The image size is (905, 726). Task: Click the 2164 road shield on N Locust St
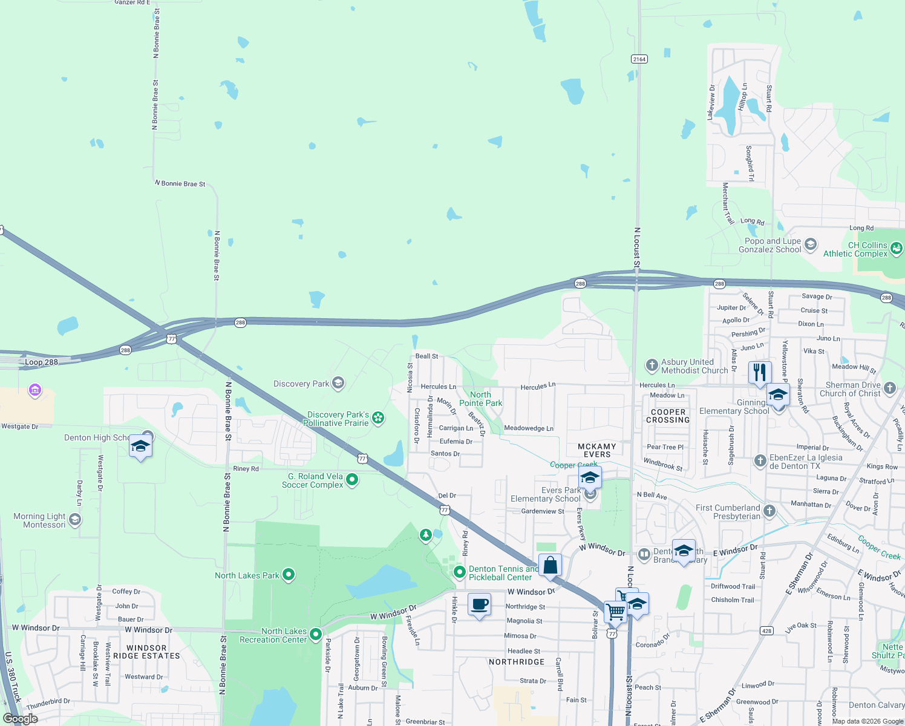pyautogui.click(x=639, y=59)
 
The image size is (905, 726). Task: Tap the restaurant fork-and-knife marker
pyautogui.click(x=760, y=372)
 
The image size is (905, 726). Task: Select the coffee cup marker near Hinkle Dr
pyautogui.click(x=479, y=604)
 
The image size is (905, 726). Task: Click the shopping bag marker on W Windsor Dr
pyautogui.click(x=550, y=565)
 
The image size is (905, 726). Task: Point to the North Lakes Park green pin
pyautogui.click(x=289, y=574)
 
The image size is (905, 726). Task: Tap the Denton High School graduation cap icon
pyautogui.click(x=140, y=446)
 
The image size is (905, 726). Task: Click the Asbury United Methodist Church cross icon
pyautogui.click(x=652, y=365)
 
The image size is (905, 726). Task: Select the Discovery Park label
pyautogui.click(x=301, y=384)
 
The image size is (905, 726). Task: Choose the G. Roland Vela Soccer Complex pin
pyautogui.click(x=352, y=480)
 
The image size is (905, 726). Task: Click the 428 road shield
pyautogui.click(x=766, y=630)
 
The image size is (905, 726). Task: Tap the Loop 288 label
pyautogui.click(x=41, y=362)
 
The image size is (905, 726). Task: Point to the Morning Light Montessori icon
pyautogui.click(x=74, y=520)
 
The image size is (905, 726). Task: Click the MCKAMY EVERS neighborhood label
pyautogui.click(x=597, y=450)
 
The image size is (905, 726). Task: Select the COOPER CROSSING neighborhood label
pyautogui.click(x=668, y=416)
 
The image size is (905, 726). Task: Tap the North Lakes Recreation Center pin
pyautogui.click(x=315, y=634)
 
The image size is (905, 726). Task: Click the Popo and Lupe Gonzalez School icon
pyautogui.click(x=811, y=244)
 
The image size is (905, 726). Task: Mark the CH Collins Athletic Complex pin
pyautogui.click(x=897, y=248)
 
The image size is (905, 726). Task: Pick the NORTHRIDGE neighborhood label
pyautogui.click(x=516, y=662)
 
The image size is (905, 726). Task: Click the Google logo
pyautogui.click(x=21, y=719)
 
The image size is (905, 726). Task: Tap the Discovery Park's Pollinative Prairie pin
pyautogui.click(x=378, y=417)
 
